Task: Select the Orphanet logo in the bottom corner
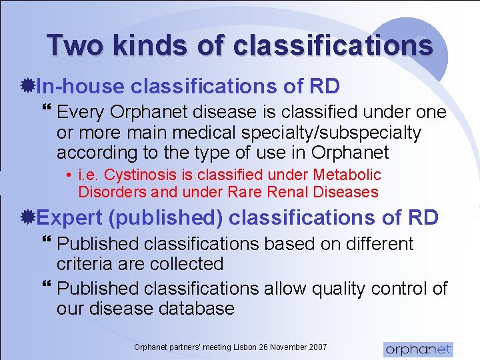pyautogui.click(x=418, y=349)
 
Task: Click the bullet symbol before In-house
pyautogui.click(x=29, y=87)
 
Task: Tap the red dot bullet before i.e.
pyautogui.click(x=70, y=176)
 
